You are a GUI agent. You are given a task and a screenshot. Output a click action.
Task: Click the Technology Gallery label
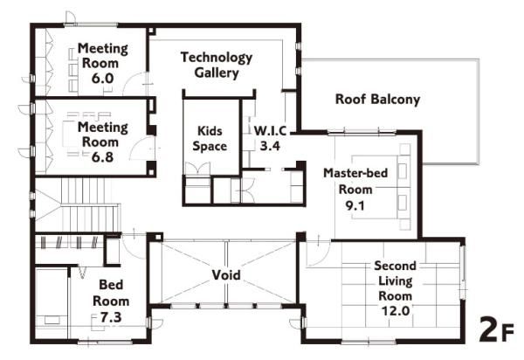(x=217, y=66)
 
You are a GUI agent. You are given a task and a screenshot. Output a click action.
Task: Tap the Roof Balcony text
(x=377, y=100)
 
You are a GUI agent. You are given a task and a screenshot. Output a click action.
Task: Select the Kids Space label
(x=210, y=138)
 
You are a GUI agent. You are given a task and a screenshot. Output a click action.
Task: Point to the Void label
(x=226, y=275)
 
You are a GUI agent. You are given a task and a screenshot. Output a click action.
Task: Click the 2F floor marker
(x=496, y=329)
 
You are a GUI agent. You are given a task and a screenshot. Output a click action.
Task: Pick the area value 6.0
(x=102, y=79)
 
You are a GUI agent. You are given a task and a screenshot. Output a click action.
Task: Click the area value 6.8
(x=102, y=157)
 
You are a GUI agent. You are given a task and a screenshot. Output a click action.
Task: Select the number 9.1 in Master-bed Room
(x=355, y=205)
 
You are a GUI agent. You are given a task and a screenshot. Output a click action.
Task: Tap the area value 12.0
(x=396, y=311)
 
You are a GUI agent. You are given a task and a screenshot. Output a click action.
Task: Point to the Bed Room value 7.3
(x=111, y=317)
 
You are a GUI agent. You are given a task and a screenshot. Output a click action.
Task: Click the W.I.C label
(x=270, y=131)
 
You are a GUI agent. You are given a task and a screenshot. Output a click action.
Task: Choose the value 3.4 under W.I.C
(x=270, y=146)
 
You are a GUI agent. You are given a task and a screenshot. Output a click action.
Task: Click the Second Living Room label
(x=396, y=280)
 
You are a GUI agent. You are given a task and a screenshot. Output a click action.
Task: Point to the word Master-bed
(x=355, y=173)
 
